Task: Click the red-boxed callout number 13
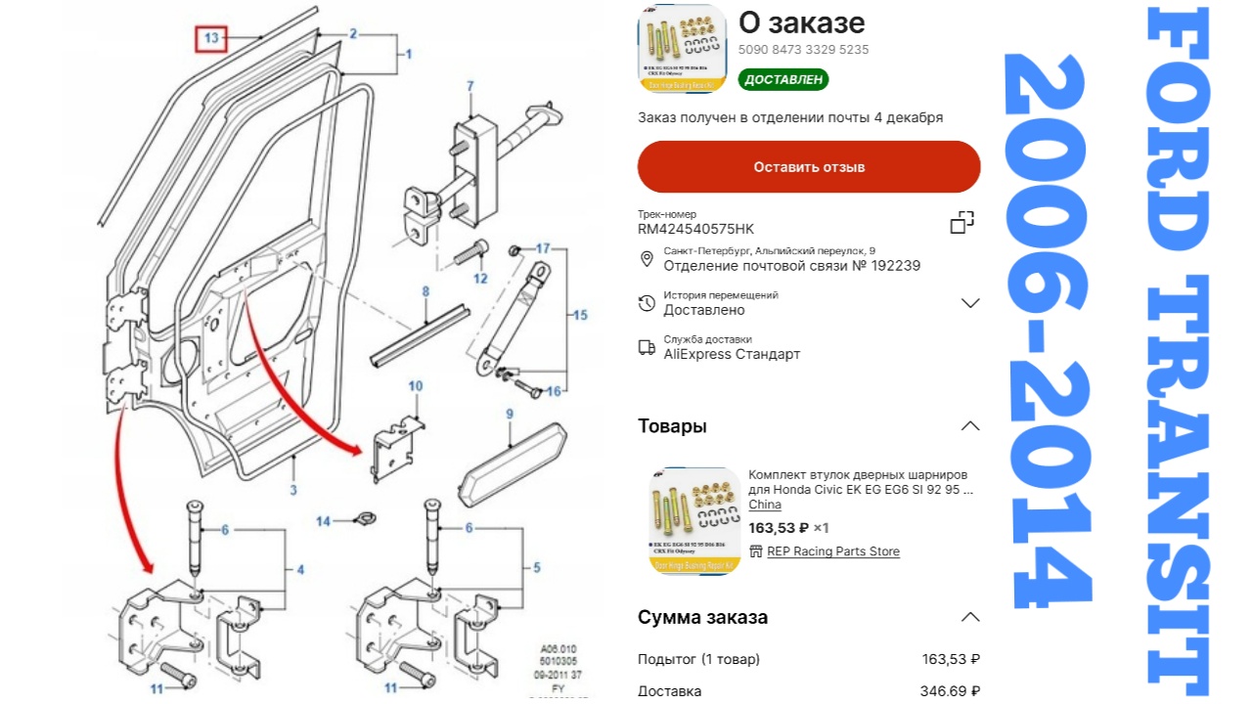[x=211, y=39]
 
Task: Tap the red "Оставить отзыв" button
[x=809, y=167]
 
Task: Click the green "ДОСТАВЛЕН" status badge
[x=782, y=79]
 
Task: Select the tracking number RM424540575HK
[x=695, y=229]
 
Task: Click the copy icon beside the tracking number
[x=962, y=222]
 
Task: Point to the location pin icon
[x=647, y=259]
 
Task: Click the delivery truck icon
[x=647, y=347]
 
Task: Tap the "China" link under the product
[x=765, y=505]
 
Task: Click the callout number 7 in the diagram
[x=470, y=87]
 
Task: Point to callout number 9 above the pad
[x=510, y=415]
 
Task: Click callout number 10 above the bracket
[x=416, y=386]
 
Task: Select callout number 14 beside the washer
[x=323, y=521]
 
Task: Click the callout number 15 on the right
[x=580, y=315]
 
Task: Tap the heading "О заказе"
[x=801, y=22]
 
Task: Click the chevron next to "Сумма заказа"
[x=969, y=617]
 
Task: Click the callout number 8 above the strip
[x=425, y=291]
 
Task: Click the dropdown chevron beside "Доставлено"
[x=970, y=303]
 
